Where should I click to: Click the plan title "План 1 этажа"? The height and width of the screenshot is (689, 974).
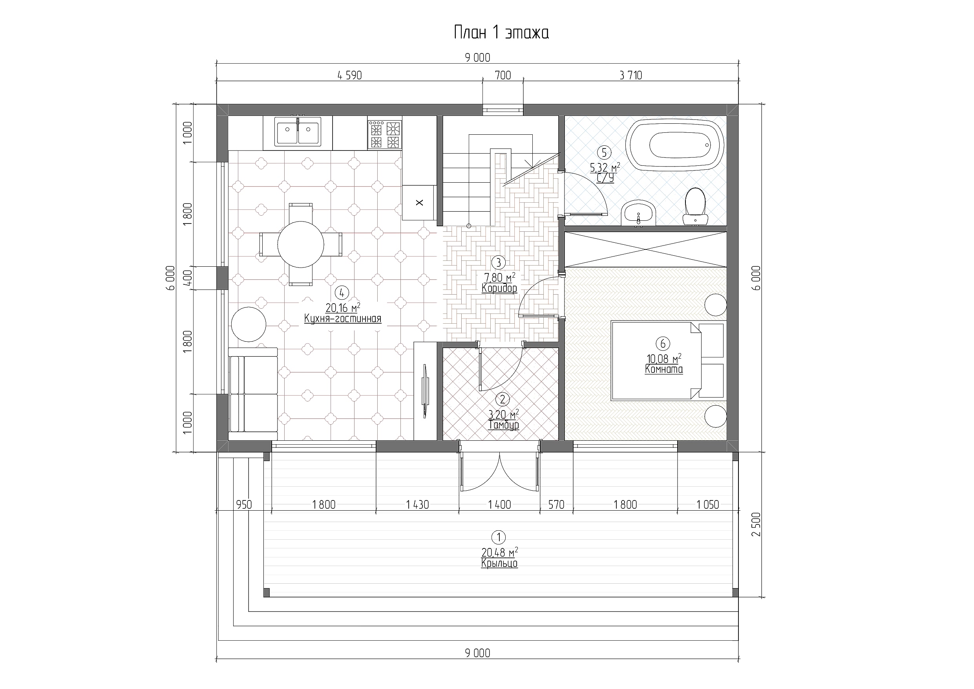click(x=501, y=33)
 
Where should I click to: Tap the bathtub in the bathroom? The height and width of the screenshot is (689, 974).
click(x=677, y=145)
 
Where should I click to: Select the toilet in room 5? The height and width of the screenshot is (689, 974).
click(x=695, y=206)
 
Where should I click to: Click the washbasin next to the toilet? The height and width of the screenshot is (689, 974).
click(x=639, y=213)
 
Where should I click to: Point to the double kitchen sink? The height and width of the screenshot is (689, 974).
click(x=298, y=132)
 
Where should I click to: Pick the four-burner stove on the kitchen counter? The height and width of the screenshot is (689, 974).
click(x=384, y=134)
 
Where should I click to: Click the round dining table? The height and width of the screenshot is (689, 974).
click(x=301, y=244)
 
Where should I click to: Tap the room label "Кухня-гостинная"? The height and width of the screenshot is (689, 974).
click(x=343, y=319)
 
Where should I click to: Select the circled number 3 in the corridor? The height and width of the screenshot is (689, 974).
click(x=499, y=262)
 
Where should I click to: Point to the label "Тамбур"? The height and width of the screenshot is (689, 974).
click(x=504, y=425)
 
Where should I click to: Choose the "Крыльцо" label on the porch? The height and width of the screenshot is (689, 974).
click(x=499, y=563)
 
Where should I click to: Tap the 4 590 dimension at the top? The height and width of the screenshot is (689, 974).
click(x=349, y=75)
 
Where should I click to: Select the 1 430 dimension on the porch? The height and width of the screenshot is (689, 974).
click(x=417, y=505)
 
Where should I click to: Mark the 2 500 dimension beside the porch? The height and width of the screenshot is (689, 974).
click(x=757, y=524)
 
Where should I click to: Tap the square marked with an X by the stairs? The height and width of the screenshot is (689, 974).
click(x=420, y=203)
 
